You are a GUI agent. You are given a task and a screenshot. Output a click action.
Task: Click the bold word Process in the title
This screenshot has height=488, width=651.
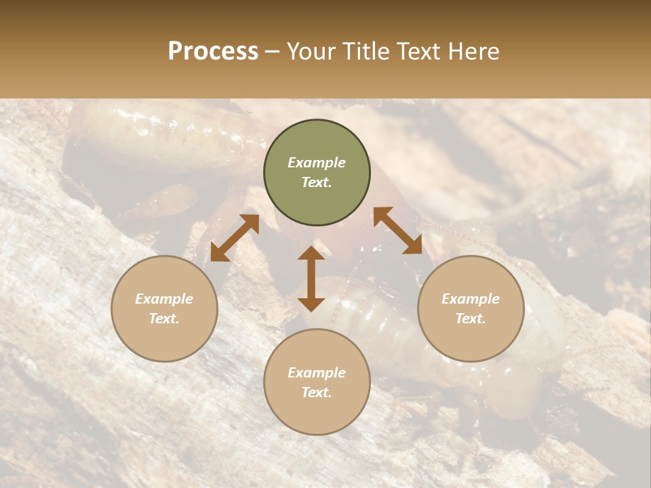click(213, 52)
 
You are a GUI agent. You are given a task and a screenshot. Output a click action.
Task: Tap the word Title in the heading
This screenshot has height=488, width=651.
click(365, 52)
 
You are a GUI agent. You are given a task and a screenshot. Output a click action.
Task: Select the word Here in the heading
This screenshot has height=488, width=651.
click(473, 52)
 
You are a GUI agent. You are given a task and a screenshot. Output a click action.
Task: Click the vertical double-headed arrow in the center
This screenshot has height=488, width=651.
click(311, 279)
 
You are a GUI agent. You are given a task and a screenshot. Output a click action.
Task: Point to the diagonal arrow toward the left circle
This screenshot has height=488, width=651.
click(235, 238)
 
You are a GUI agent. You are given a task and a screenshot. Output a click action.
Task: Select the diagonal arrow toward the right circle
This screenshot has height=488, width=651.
click(397, 230)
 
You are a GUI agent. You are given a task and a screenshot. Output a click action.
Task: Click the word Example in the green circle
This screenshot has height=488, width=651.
click(317, 163)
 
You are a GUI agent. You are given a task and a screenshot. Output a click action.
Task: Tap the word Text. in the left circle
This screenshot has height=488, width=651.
click(164, 319)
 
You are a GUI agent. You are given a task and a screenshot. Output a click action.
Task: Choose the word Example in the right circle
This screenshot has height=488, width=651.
click(471, 299)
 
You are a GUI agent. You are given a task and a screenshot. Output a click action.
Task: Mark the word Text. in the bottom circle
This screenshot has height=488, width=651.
click(317, 392)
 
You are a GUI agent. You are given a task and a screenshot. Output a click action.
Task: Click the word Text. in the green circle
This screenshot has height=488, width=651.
click(317, 182)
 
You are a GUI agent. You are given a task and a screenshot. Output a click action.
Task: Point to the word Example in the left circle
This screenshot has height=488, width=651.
click(164, 299)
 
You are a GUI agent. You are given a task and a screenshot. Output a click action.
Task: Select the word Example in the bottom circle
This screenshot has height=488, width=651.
click(317, 373)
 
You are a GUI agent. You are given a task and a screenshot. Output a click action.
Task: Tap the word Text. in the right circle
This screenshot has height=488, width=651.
click(471, 319)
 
